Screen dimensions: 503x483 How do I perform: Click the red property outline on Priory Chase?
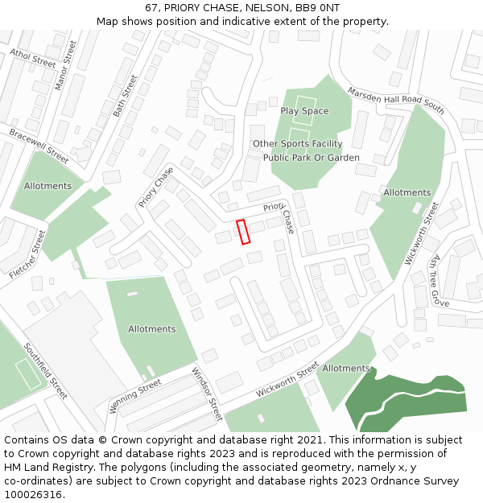click(244, 231)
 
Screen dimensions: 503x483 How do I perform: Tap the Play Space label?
click(304, 111)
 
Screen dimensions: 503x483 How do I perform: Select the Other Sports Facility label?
click(297, 144)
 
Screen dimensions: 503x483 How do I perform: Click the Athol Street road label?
click(33, 58)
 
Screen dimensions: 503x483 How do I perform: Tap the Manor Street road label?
click(64, 65)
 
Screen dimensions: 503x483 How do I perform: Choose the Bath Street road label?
click(126, 96)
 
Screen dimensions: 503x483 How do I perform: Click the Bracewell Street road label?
click(39, 144)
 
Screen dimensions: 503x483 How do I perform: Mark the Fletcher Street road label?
click(27, 254)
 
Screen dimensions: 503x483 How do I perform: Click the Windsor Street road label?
click(206, 394)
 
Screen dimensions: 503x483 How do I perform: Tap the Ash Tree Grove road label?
click(439, 281)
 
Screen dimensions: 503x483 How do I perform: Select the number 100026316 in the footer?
click(33, 495)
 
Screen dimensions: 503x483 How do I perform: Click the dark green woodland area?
click(402, 402)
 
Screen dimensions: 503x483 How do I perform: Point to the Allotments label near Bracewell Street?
click(47, 186)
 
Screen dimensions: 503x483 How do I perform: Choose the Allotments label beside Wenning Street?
click(151, 329)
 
